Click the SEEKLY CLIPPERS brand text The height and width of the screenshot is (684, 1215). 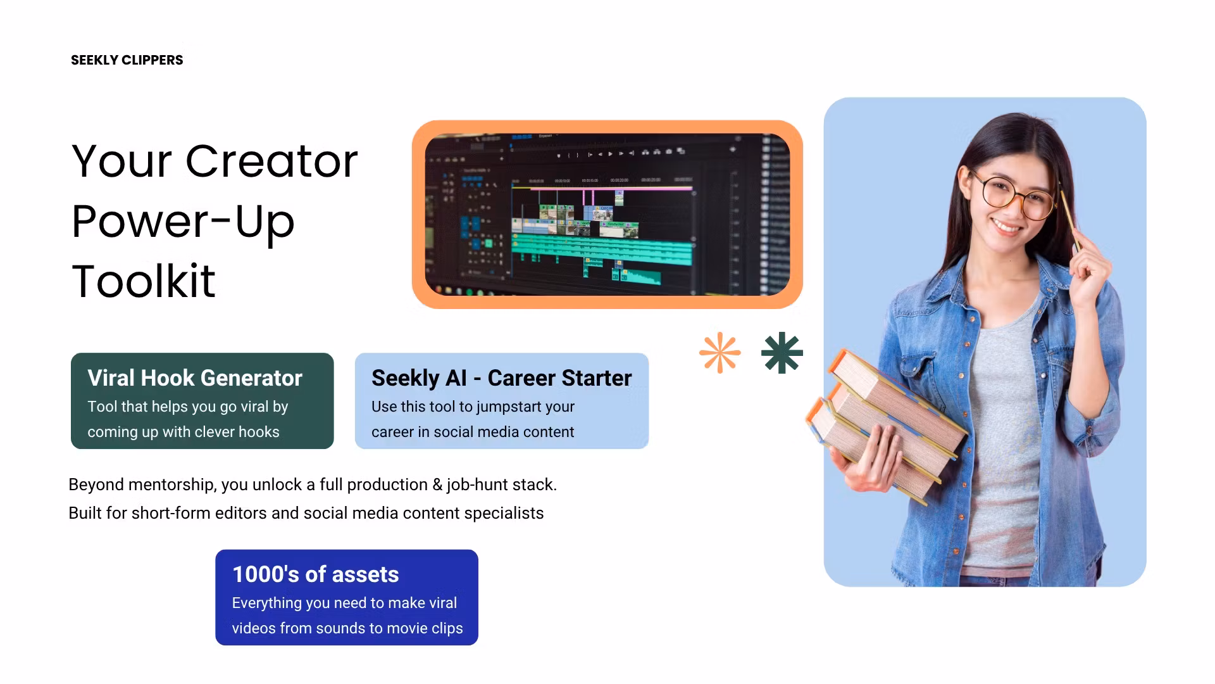[127, 60]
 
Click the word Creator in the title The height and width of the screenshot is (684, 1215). [271, 161]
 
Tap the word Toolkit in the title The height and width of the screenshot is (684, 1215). [144, 281]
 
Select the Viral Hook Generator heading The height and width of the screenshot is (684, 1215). [195, 378]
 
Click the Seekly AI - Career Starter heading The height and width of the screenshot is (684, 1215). [501, 378]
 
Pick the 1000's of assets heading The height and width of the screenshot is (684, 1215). [315, 574]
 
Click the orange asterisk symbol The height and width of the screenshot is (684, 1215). [720, 353]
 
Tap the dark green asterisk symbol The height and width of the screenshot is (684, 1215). [782, 353]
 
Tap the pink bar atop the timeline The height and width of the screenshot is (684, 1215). [611, 188]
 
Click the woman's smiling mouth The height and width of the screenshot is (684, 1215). [1007, 227]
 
